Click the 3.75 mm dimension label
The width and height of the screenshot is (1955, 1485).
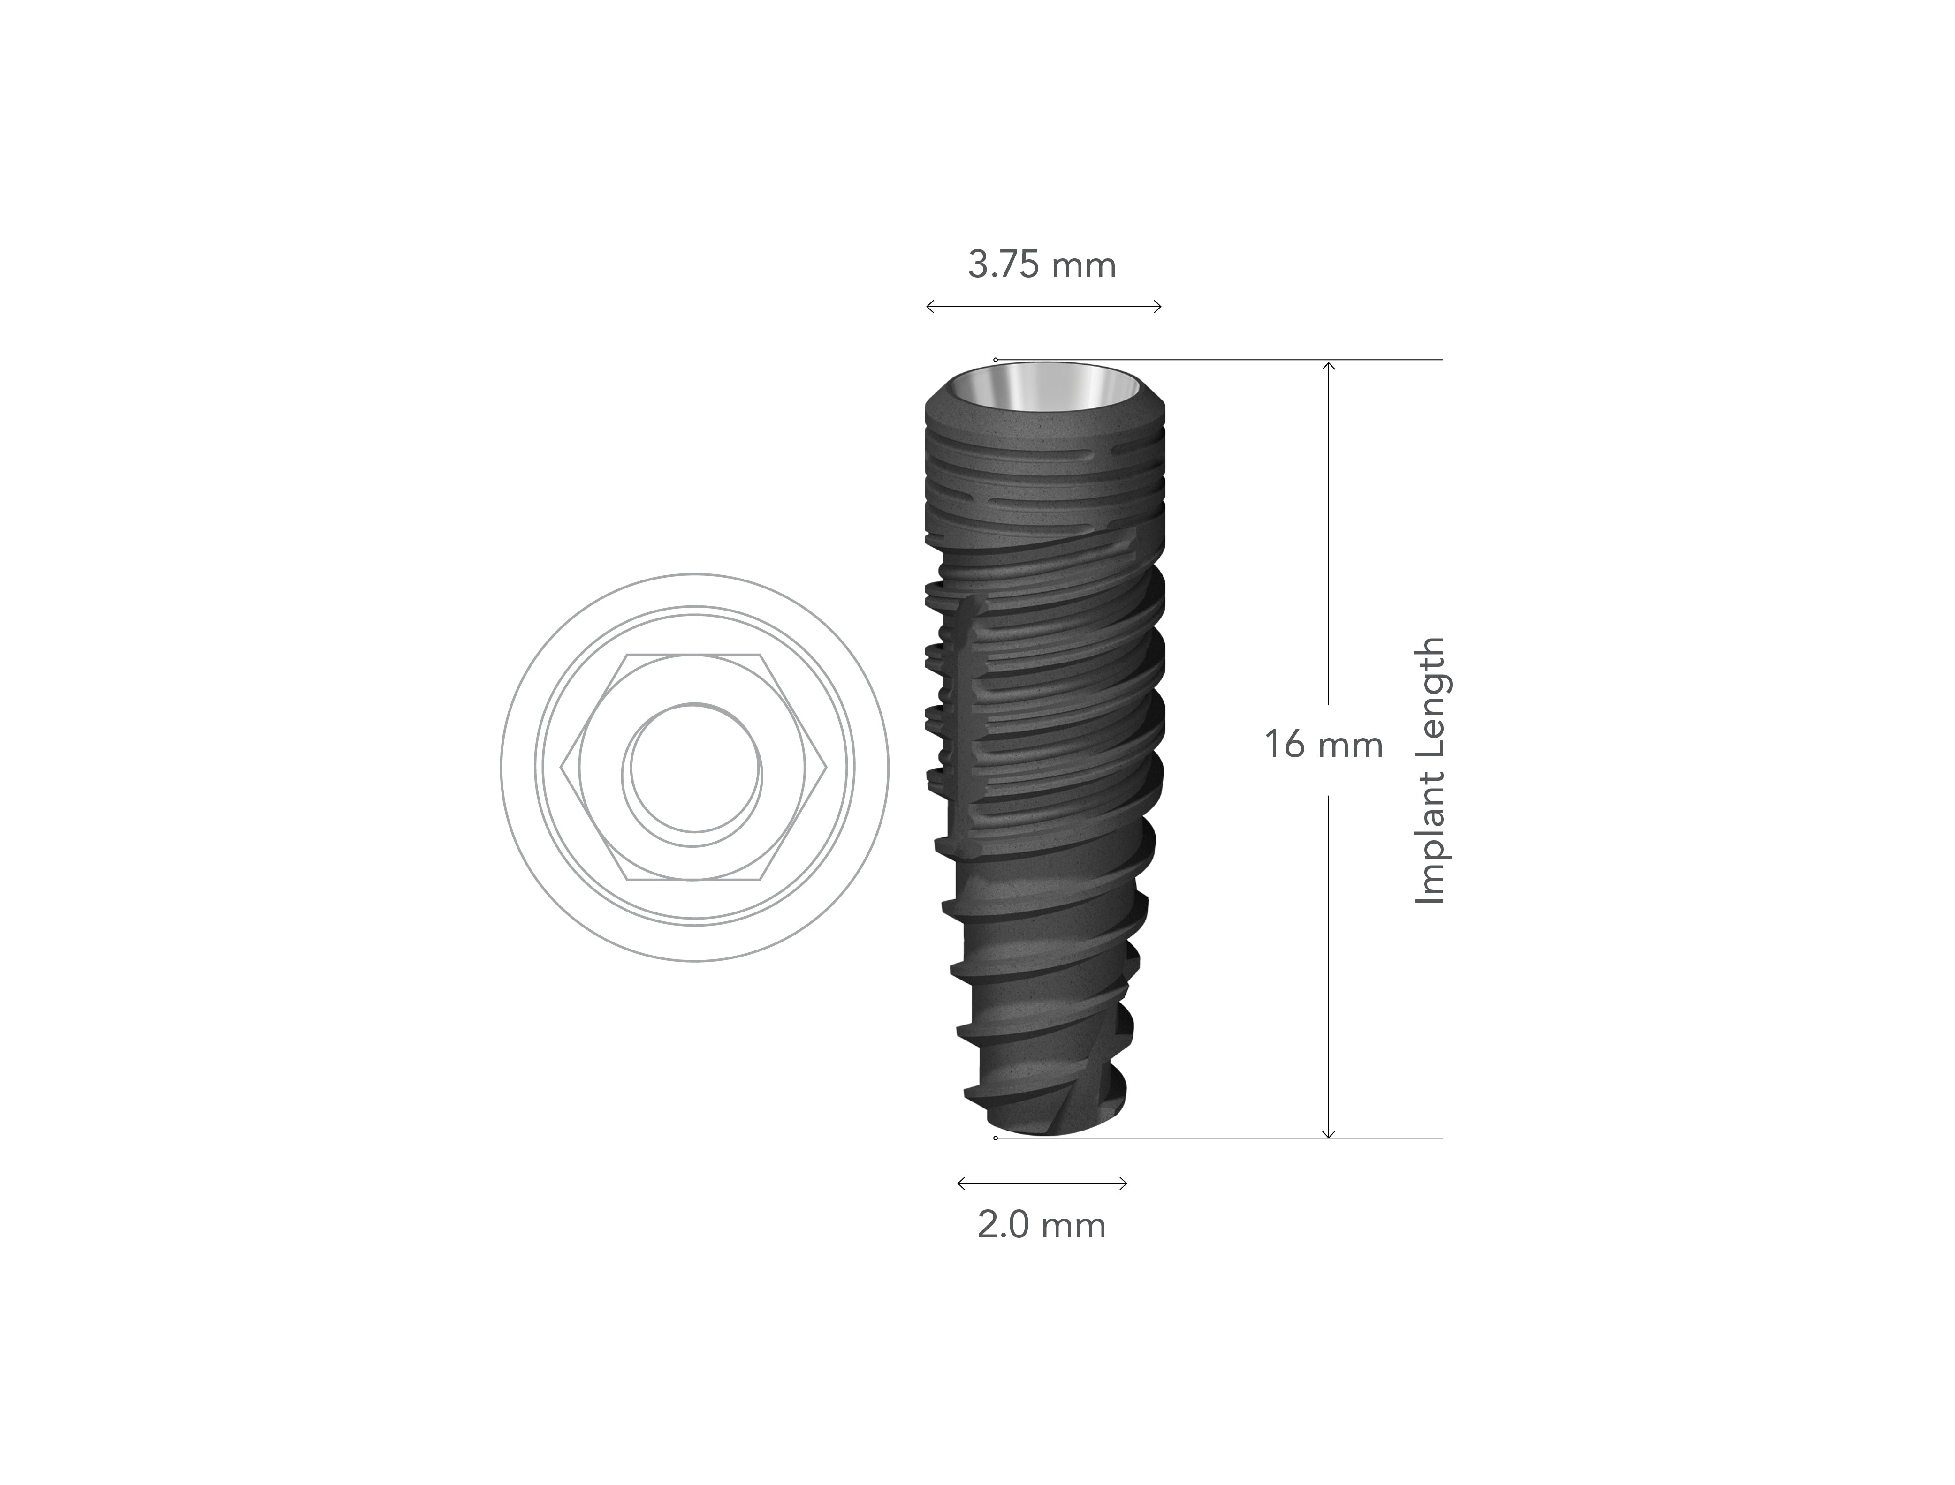point(1042,265)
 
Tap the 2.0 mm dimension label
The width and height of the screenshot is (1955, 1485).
point(1041,1225)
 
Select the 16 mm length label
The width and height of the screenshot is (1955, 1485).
point(1323,744)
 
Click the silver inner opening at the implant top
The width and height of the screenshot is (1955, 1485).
point(1044,389)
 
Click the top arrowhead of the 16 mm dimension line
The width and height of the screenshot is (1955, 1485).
point(1327,364)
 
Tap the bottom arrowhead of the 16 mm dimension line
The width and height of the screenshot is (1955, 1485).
point(1327,1134)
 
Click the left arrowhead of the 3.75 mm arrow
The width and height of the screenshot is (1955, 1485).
point(928,307)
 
